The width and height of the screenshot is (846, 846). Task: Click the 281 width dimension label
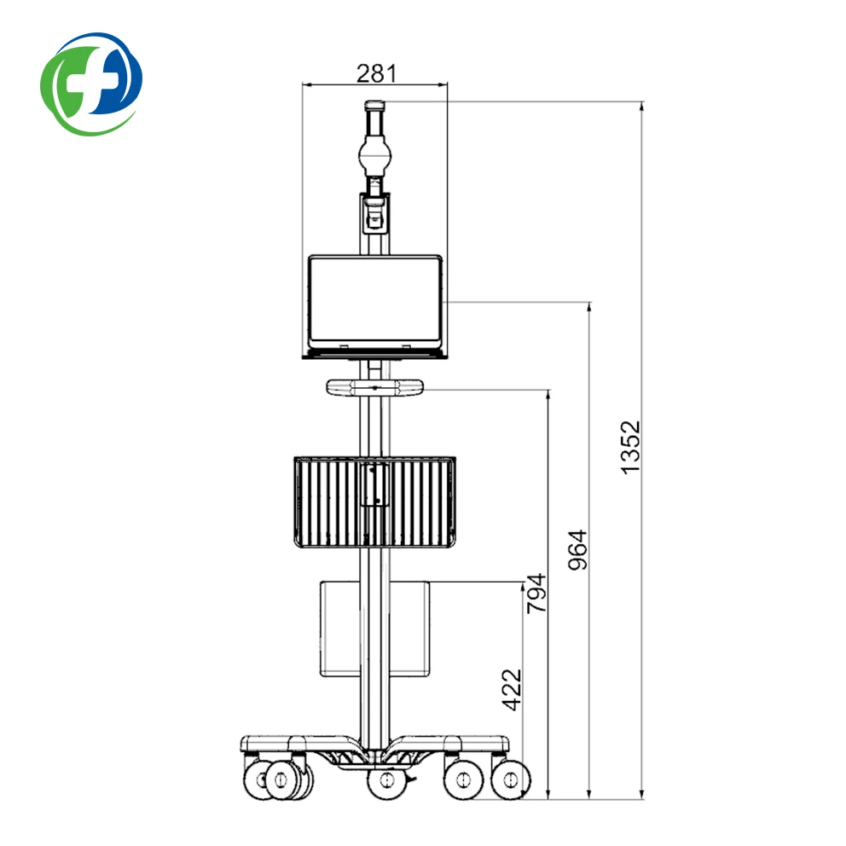coord(376,73)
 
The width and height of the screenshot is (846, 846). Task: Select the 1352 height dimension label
coord(629,448)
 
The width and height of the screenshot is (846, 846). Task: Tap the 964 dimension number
coord(577,550)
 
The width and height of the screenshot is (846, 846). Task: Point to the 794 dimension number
coord(536,593)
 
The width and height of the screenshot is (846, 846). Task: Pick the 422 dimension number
coord(512,690)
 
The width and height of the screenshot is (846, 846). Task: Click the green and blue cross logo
coord(91,84)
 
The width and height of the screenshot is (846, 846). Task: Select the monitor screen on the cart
coord(375,301)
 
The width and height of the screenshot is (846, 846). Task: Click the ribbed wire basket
coord(375,502)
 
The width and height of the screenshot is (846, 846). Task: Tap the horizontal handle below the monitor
coord(374,387)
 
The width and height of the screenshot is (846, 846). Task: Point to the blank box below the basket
coord(375,629)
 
